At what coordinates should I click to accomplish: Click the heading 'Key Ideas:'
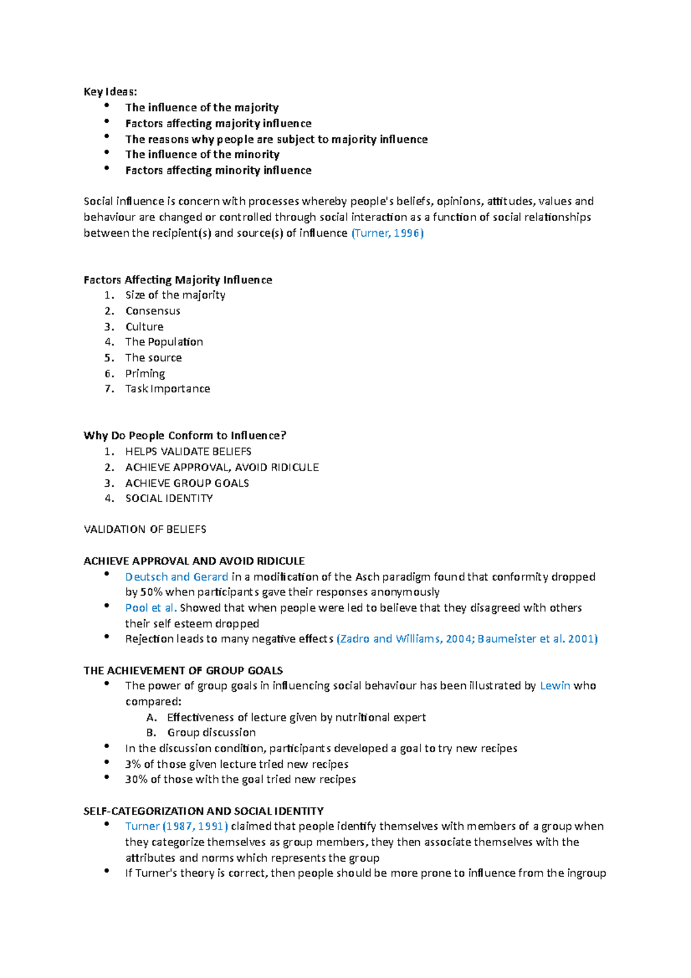pos(110,92)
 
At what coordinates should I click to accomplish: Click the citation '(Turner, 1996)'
pos(387,233)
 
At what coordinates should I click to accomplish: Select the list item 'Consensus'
pos(153,311)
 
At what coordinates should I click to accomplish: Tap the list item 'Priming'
pos(145,374)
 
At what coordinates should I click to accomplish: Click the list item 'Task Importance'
pos(168,389)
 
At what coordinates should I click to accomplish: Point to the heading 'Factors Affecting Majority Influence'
pos(177,280)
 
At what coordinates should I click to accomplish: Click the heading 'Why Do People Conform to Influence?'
pos(185,436)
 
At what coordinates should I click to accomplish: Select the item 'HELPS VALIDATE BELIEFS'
pos(188,452)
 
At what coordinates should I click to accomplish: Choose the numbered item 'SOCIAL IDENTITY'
pos(169,499)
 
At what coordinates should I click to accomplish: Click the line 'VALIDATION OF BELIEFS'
pos(145,529)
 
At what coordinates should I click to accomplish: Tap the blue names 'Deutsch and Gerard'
pos(176,577)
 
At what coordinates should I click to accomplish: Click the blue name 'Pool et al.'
pos(151,608)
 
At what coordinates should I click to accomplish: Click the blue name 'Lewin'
pos(555,686)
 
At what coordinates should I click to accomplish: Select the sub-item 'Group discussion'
pos(211,733)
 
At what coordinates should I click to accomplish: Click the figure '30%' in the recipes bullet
pos(136,780)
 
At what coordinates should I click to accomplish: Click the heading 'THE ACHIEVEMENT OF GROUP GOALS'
pos(183,671)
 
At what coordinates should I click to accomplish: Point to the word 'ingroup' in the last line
pos(586,873)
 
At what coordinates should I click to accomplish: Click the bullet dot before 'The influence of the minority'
pos(107,153)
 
